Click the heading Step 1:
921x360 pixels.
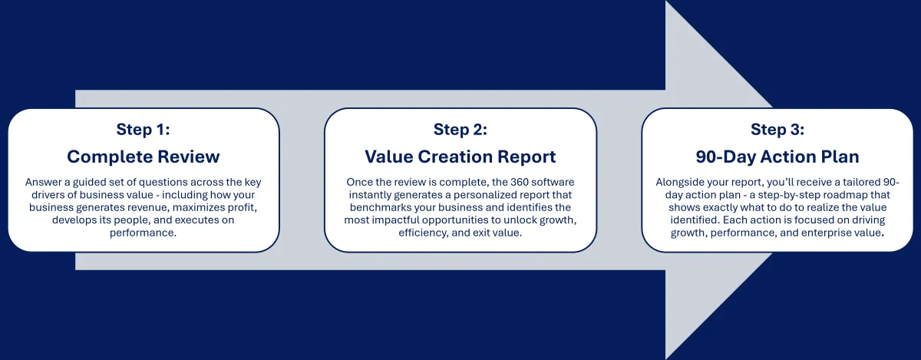pyautogui.click(x=143, y=129)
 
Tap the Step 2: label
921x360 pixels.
pyautogui.click(x=460, y=129)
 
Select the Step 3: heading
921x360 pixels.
pyautogui.click(x=777, y=129)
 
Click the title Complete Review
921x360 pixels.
pyautogui.click(x=143, y=157)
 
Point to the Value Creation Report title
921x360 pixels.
pyautogui.click(x=460, y=157)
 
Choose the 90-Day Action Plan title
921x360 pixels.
pyautogui.click(x=777, y=157)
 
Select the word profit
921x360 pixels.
pyautogui.click(x=242, y=208)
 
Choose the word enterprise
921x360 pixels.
pyautogui.click(x=825, y=233)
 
